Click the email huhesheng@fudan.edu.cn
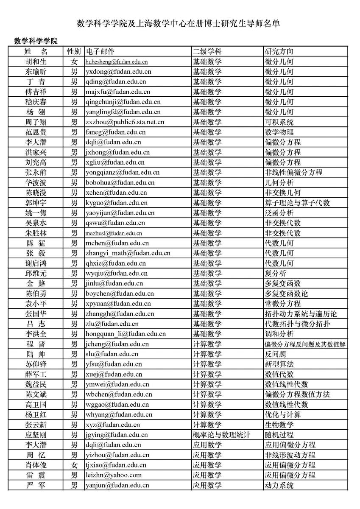click(x=117, y=62)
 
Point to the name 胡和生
click(x=36, y=62)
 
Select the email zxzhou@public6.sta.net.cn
click(x=125, y=122)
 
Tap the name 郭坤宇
click(x=36, y=203)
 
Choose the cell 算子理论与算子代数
click(x=297, y=203)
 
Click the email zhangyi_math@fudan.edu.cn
click(x=128, y=253)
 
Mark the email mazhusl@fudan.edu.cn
click(x=114, y=233)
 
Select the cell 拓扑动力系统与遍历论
click(x=301, y=314)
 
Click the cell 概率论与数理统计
click(x=221, y=435)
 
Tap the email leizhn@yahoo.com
click(x=114, y=475)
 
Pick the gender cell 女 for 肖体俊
click(x=74, y=465)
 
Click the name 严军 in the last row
click(x=36, y=485)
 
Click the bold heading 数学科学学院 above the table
click(x=36, y=41)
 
